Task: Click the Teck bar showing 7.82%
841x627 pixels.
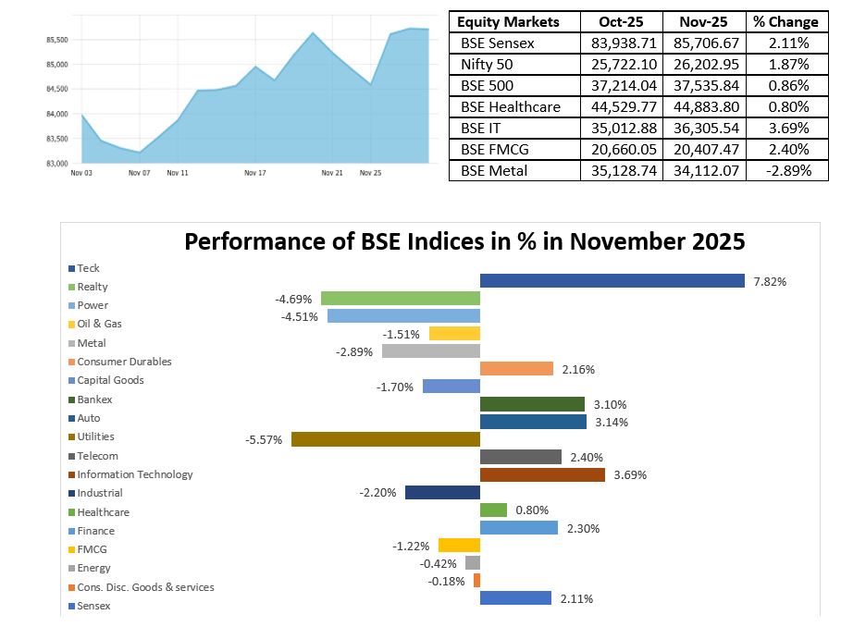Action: tap(612, 280)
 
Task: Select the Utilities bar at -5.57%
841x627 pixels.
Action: tap(385, 439)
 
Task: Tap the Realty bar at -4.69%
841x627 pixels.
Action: tap(400, 298)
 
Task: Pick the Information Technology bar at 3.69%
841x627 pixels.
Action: tap(542, 474)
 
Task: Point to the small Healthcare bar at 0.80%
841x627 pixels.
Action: tap(493, 510)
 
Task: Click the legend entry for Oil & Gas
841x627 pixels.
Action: tap(99, 324)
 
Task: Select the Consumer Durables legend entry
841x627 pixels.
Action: tap(124, 362)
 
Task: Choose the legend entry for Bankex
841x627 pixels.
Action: tap(94, 400)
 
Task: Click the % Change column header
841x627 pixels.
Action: tap(785, 21)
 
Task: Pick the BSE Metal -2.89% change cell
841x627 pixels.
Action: tap(785, 170)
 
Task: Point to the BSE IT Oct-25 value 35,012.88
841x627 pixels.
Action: tap(623, 128)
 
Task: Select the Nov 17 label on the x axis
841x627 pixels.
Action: tap(255, 172)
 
